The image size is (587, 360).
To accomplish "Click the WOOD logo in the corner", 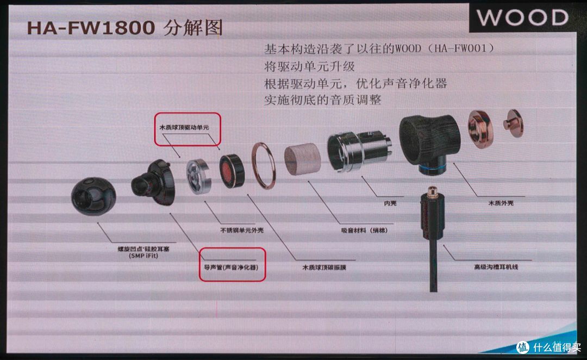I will click(522, 17).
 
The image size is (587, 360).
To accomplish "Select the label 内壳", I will click(390, 204).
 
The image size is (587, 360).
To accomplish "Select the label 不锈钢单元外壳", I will click(241, 230).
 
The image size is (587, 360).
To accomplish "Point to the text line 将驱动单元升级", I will click(309, 66).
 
